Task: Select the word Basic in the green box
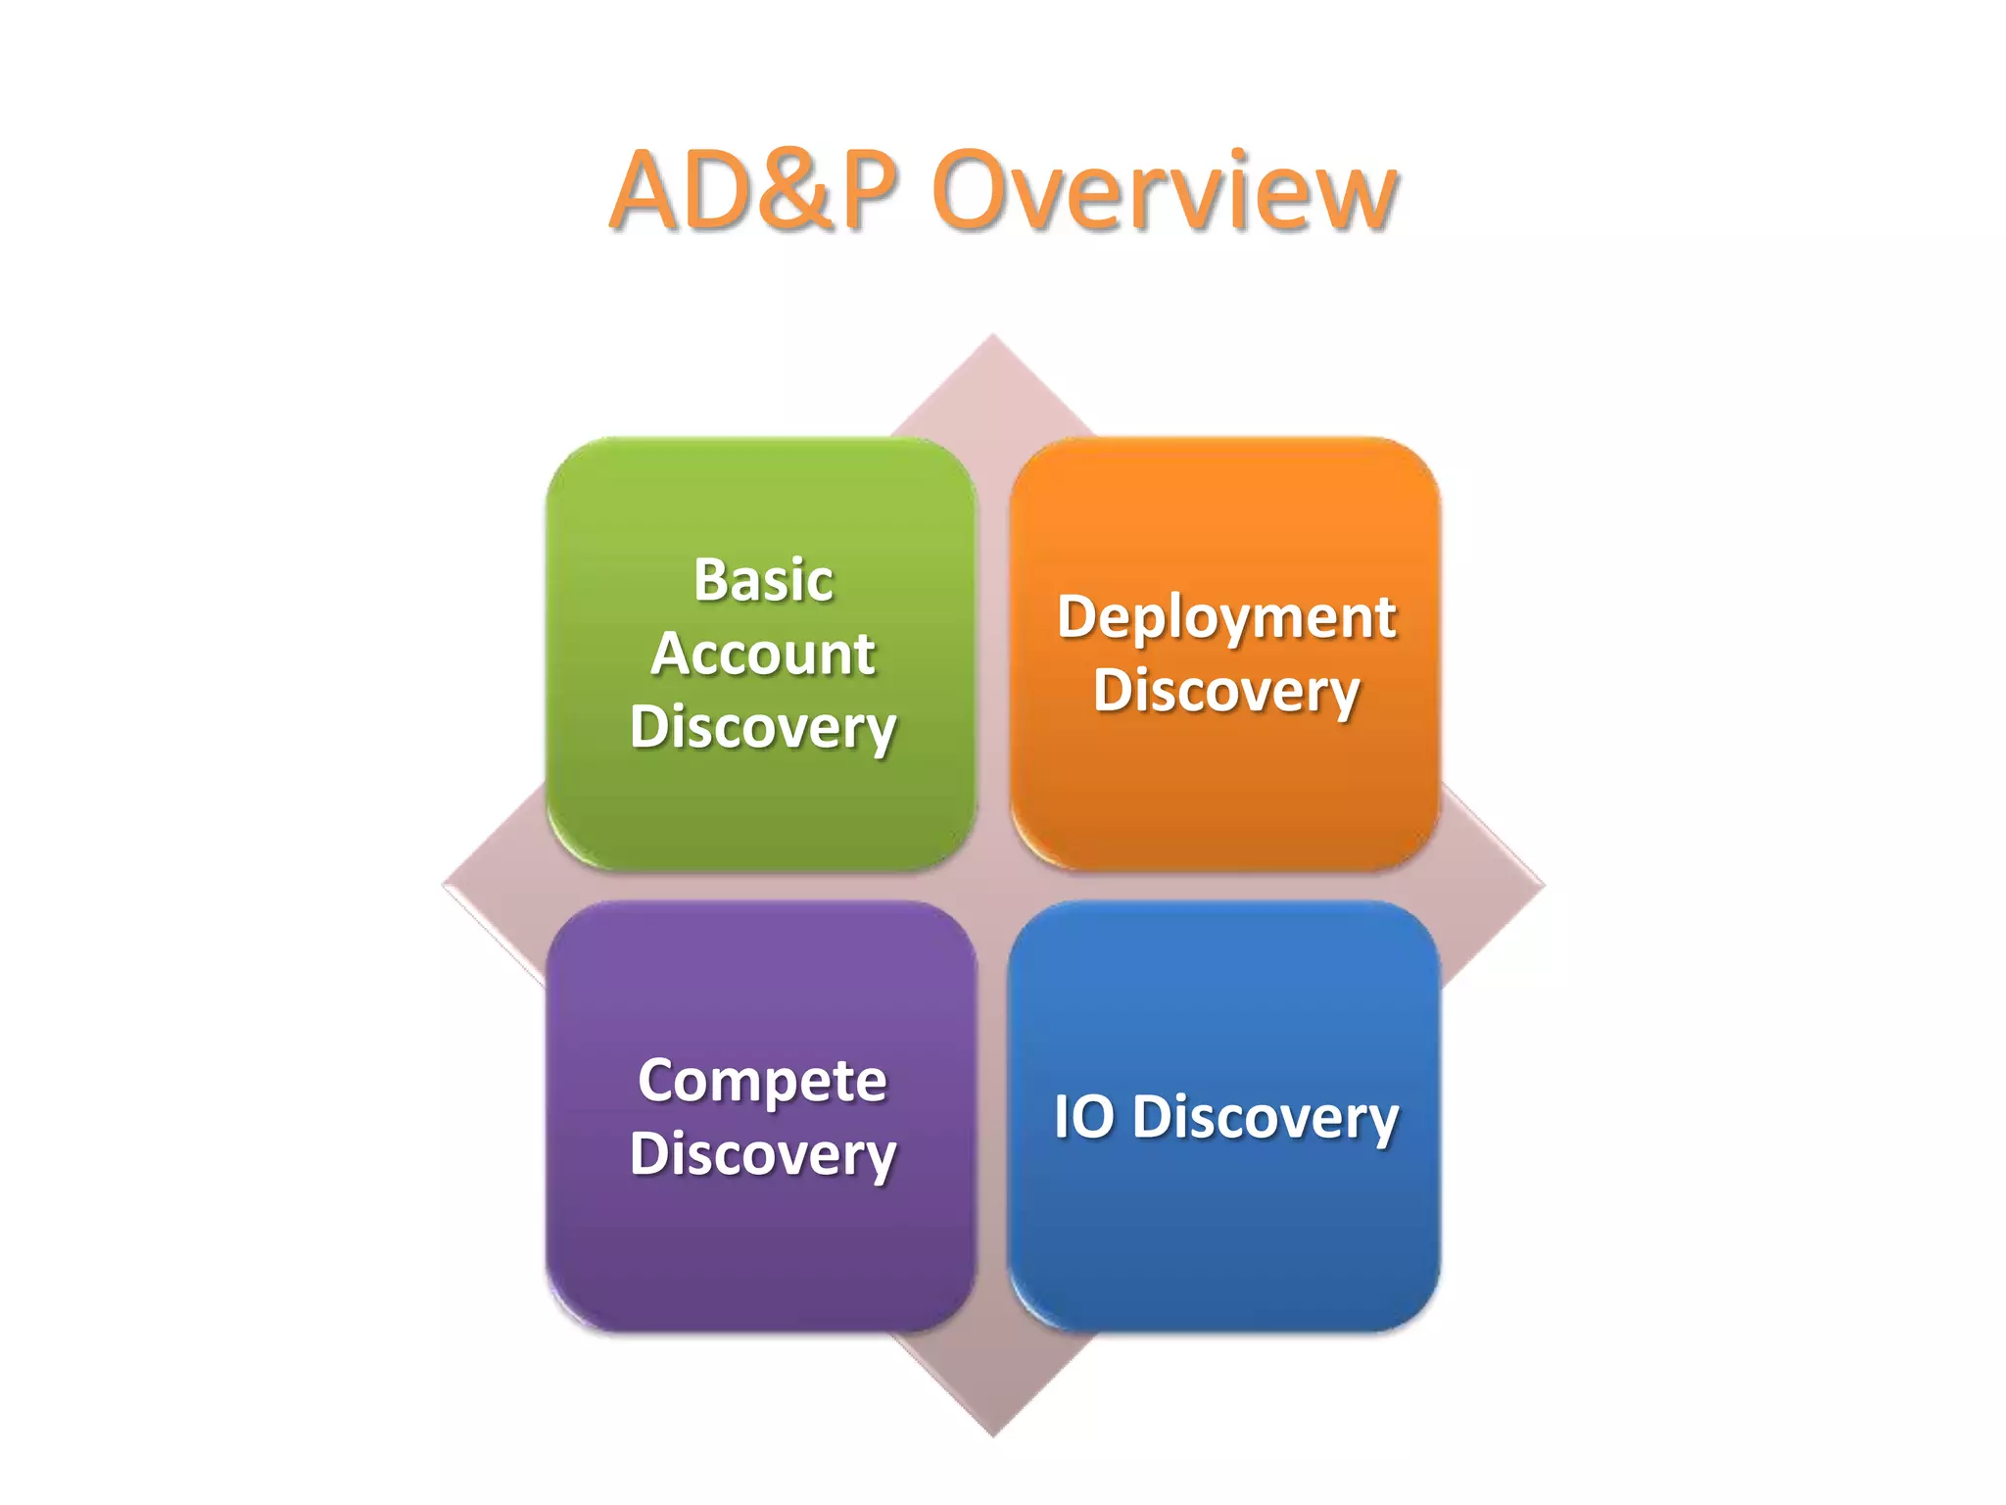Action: (763, 580)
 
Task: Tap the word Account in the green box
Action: (762, 654)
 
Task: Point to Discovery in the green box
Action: (762, 728)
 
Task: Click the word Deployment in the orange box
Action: (1226, 618)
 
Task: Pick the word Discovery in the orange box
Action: (1226, 692)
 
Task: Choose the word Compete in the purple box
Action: (762, 1081)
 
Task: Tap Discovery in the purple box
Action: (762, 1155)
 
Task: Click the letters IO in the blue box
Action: (1083, 1117)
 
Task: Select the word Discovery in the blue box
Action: (1265, 1118)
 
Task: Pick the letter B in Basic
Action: (711, 580)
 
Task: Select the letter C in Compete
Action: (657, 1081)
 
